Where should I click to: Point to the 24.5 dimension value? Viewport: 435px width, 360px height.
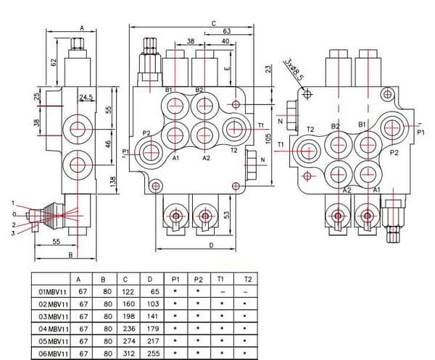click(87, 97)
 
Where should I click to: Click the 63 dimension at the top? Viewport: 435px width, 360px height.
click(226, 32)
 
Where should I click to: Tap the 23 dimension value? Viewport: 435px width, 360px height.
click(268, 70)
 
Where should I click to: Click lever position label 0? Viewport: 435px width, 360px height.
click(14, 214)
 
